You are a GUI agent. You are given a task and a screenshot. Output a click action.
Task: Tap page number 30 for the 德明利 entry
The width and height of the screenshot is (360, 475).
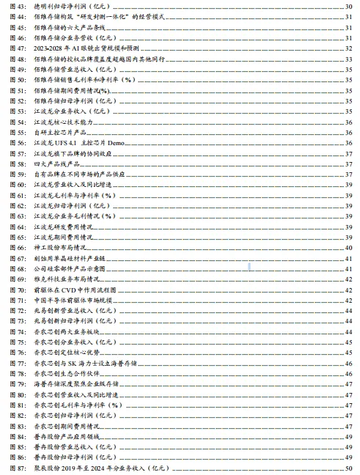pyautogui.click(x=348, y=5)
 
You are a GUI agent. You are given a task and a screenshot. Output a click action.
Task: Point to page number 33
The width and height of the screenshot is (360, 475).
pyautogui.click(x=348, y=57)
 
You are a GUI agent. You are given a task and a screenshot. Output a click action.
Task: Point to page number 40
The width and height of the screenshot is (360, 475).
pyautogui.click(x=348, y=248)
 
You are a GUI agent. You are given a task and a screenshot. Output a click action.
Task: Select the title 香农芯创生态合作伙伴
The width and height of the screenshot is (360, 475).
pyautogui.click(x=67, y=373)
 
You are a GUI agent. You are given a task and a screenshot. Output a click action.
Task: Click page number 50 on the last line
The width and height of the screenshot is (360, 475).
pyautogui.click(x=348, y=468)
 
